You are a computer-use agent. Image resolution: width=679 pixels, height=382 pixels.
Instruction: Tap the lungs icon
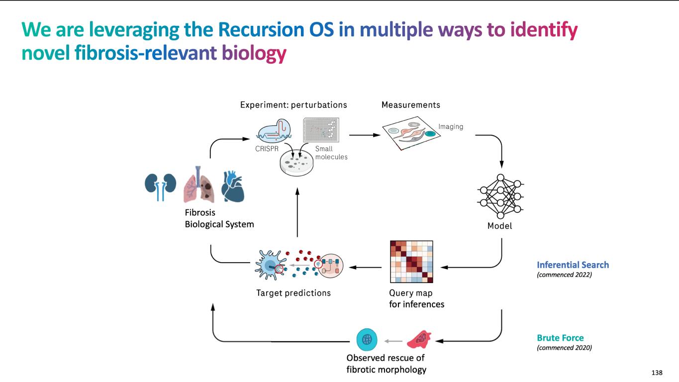197,186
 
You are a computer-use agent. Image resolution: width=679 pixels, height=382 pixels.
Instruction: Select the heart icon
232,186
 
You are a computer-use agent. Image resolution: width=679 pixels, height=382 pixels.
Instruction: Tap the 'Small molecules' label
331,153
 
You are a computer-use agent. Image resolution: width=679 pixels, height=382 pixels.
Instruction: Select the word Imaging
451,127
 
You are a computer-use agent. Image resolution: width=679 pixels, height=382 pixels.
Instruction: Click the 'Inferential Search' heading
573,265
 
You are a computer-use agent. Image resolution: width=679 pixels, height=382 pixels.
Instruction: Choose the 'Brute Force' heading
560,338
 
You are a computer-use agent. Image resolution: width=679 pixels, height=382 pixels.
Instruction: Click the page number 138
657,373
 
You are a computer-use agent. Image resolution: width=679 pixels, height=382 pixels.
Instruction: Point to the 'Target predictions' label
293,293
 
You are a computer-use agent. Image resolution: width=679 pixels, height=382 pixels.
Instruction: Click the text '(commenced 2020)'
564,348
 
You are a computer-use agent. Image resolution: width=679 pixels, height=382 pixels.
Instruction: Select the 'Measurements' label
410,105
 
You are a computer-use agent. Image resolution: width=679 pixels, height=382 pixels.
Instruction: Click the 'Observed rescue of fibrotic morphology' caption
386,364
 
